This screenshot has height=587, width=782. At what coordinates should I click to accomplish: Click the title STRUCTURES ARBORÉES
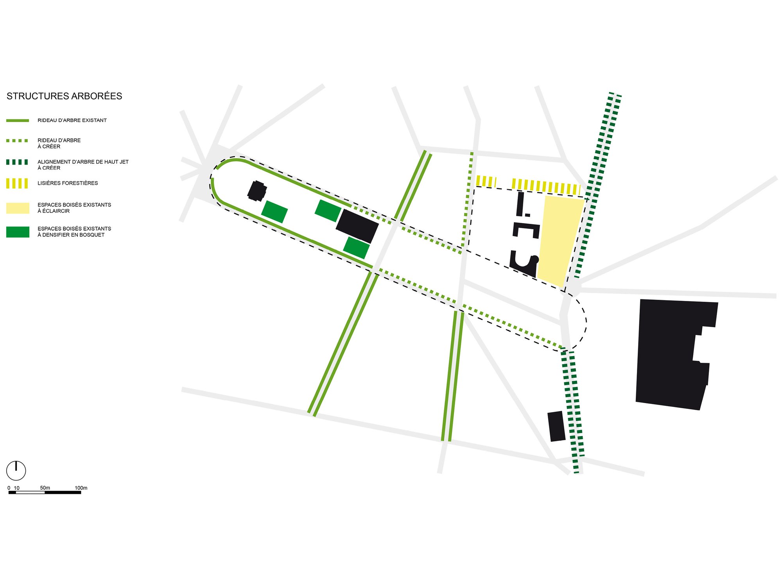coord(64,96)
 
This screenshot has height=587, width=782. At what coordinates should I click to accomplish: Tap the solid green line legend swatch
coord(18,121)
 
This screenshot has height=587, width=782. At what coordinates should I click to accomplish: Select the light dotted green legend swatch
coord(17,140)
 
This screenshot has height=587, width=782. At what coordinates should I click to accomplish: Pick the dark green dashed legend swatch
coord(17,162)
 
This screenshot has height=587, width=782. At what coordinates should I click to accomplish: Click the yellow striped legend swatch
coord(17,184)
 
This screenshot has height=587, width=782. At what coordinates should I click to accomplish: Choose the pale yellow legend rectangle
coord(18,208)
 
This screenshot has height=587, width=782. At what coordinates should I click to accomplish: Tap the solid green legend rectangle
coord(18,232)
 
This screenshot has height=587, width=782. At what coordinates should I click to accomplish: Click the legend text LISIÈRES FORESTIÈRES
coord(68,183)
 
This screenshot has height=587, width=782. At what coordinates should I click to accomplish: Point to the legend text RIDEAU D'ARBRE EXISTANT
coord(72,121)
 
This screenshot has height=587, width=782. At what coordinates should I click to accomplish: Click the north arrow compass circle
coord(16,470)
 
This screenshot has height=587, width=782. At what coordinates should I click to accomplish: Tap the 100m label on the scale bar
coord(81,488)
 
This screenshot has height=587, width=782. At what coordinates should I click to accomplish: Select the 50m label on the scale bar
coord(45,488)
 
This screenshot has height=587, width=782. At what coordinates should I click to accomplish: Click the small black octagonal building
coord(257,191)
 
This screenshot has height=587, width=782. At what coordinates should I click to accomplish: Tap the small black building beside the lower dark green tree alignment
coord(556,426)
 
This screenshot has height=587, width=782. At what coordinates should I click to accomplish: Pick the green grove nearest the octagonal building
coord(274,212)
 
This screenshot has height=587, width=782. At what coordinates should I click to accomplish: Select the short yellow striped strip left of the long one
coord(486,182)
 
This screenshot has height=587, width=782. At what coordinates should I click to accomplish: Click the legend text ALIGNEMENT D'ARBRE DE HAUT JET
coord(83,162)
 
